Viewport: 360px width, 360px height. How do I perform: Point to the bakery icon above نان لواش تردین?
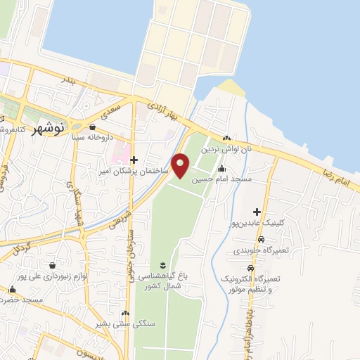(226, 139)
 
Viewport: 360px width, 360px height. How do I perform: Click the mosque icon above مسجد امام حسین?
(222, 168)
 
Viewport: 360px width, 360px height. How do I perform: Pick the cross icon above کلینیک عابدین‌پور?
(257, 212)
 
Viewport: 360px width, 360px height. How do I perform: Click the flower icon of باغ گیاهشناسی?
(162, 264)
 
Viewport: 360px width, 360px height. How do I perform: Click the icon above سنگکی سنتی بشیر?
(125, 313)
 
